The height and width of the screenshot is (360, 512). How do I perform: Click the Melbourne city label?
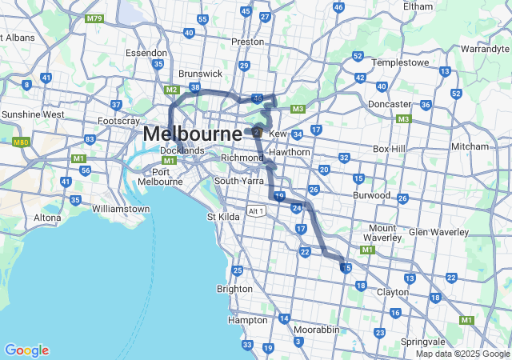192,134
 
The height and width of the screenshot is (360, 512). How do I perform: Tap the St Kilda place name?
224,216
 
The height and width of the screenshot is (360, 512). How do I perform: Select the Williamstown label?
121,209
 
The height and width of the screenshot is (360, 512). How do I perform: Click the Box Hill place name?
390,149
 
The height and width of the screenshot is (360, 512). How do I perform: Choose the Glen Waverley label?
438,232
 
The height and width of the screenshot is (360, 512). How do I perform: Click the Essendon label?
146,53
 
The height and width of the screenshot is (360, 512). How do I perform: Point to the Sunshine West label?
33,114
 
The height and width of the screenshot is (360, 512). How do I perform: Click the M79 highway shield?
94,17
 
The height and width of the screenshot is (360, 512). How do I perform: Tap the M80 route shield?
21,142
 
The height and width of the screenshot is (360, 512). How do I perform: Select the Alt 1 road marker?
257,211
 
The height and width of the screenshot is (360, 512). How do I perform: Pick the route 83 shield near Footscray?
90,139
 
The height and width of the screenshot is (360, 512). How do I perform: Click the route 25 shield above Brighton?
237,270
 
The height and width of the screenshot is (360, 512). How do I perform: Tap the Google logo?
26,350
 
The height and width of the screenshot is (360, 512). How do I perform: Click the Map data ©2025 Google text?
462,354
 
